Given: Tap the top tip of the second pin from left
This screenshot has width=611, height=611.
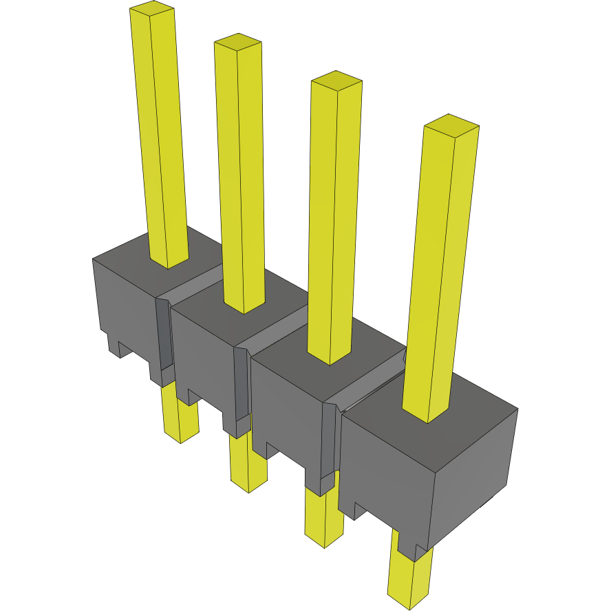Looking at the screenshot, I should pos(238,42).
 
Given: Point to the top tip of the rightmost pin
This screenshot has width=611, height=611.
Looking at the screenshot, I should pos(451,125).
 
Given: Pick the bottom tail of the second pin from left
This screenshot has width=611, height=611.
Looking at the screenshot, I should pos(248,468).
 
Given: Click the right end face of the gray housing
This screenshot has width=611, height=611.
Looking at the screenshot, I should pos(475,475).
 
